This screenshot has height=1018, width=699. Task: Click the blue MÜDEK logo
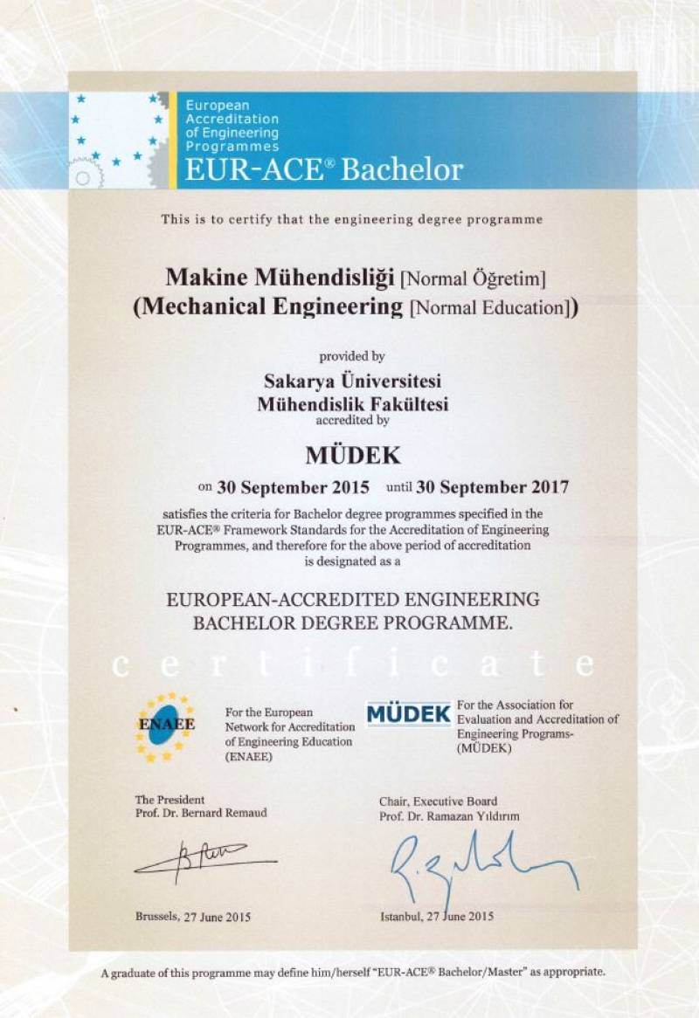tap(408, 713)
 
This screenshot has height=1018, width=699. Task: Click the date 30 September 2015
tap(293, 485)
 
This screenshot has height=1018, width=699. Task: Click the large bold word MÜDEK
tap(351, 454)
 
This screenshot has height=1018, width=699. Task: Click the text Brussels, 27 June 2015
tap(193, 916)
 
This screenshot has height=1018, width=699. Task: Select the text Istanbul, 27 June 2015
tap(437, 916)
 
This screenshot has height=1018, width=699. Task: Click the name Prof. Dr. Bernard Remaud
tap(201, 813)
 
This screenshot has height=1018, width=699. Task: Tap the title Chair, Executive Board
tap(438, 801)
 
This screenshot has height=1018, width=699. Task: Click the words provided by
tap(352, 356)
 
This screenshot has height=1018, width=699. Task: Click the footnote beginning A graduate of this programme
tap(352, 972)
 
